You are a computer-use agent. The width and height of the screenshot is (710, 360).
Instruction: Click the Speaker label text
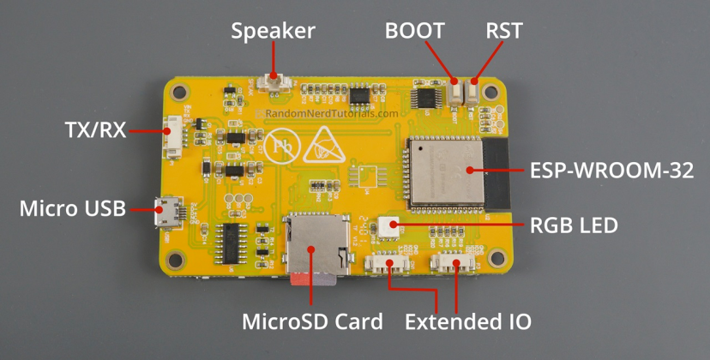point(274,32)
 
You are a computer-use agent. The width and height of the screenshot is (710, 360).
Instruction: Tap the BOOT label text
point(415,32)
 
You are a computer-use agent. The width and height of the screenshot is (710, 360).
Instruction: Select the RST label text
point(503,32)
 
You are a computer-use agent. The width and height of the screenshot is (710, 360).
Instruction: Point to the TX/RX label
point(95,130)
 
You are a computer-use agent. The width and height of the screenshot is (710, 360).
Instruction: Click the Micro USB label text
point(73,208)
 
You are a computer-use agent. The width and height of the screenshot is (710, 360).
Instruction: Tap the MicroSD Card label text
point(312,322)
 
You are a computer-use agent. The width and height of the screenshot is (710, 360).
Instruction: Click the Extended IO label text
point(467,322)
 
